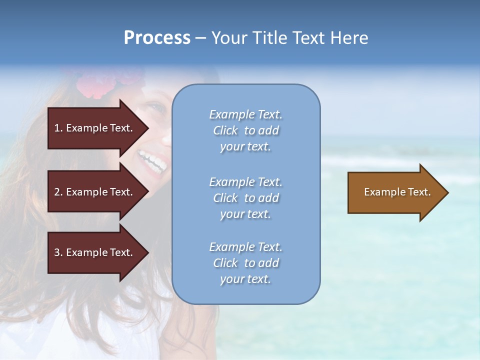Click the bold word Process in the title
157,38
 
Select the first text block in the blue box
245,130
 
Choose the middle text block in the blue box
245,198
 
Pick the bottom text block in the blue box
245,263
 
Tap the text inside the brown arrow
397,192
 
